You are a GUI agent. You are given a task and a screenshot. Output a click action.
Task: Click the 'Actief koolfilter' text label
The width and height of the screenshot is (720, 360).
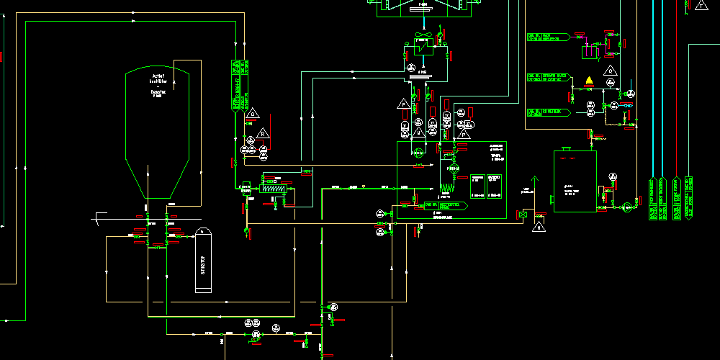pos(158,78)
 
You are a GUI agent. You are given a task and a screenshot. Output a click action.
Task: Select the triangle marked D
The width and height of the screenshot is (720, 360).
pos(252,113)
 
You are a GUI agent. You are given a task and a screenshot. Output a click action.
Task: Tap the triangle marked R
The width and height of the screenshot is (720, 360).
pos(264,132)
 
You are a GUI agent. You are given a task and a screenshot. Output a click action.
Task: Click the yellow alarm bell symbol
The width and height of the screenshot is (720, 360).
pos(590,80)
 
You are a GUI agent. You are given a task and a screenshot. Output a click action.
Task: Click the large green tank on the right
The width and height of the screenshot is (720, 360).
pos(575,181)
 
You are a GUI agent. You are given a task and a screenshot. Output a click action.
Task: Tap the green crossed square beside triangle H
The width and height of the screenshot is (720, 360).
pos(522,214)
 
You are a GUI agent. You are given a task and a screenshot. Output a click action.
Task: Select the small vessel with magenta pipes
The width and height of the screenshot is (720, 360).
pos(591,52)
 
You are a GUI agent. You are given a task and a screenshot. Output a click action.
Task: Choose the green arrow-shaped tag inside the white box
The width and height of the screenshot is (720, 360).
pos(445,205)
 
